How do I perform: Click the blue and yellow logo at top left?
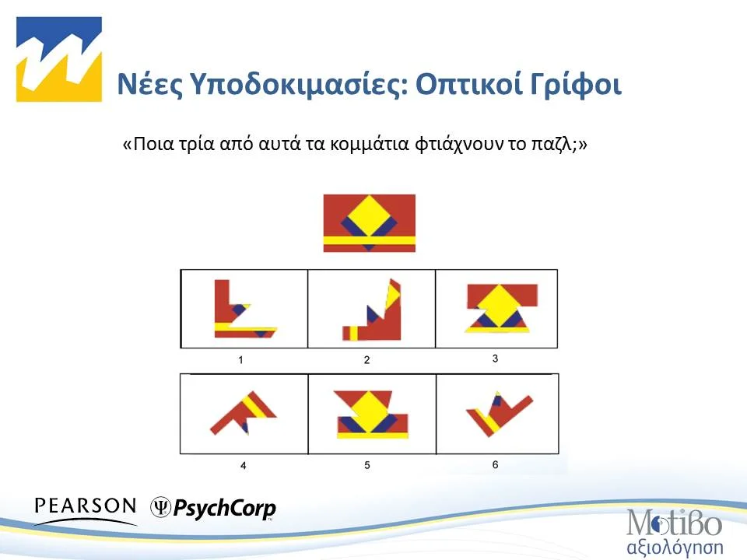59,59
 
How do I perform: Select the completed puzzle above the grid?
369,222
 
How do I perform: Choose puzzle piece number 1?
243,310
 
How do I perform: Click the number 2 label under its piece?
366,360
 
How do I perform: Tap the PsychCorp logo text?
224,509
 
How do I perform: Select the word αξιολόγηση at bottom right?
675,544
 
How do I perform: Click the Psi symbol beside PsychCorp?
160,506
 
